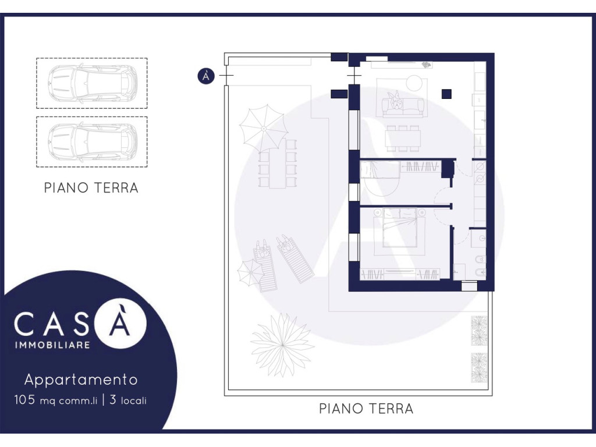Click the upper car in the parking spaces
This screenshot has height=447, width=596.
(x=93, y=83)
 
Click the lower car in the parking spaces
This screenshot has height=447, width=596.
(x=93, y=142)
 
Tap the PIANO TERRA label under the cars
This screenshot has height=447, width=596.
(x=91, y=188)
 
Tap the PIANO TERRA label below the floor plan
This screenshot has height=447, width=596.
(x=366, y=409)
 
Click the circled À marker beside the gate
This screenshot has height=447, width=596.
(x=206, y=76)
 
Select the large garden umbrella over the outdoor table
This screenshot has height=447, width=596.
(x=264, y=129)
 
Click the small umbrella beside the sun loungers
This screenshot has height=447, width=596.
(x=250, y=272)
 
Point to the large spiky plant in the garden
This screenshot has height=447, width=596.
(x=282, y=345)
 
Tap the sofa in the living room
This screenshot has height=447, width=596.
(x=403, y=105)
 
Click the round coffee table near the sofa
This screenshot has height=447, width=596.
(x=414, y=83)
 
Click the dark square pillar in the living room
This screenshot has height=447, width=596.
(x=446, y=94)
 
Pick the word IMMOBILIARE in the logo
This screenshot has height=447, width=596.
(x=52, y=345)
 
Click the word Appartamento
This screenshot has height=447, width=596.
(x=81, y=379)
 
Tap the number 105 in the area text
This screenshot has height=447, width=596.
(x=24, y=400)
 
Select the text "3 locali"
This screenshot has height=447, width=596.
(x=128, y=400)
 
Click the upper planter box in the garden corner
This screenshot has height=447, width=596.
(x=479, y=331)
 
